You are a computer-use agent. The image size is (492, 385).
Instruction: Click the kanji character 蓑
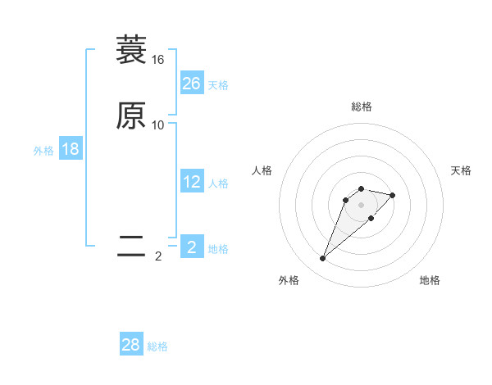click(131, 50)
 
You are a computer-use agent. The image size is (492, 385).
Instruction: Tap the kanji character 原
click(131, 115)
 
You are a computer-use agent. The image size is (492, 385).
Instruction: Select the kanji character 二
click(131, 247)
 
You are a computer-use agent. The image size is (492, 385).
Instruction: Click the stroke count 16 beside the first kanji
click(157, 60)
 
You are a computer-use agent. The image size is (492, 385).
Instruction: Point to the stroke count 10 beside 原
click(157, 125)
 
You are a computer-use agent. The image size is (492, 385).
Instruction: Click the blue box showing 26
click(191, 84)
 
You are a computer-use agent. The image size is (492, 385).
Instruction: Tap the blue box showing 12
click(191, 182)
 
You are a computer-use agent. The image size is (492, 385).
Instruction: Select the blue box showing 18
click(70, 149)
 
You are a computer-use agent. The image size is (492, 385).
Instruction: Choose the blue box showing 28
click(131, 345)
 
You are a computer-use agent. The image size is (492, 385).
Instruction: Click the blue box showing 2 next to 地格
click(191, 247)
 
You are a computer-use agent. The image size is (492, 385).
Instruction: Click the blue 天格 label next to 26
click(218, 85)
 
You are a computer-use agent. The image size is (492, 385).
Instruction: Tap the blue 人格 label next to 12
click(218, 183)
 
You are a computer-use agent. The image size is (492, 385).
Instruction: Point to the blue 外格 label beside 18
click(43, 151)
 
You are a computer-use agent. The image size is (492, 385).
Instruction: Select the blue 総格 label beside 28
click(157, 346)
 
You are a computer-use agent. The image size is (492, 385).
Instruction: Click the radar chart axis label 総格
click(361, 106)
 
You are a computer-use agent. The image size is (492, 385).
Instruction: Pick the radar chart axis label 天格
click(461, 170)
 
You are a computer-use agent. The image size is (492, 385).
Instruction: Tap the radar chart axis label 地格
click(430, 280)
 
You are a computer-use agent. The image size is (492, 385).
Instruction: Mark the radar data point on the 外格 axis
click(322, 259)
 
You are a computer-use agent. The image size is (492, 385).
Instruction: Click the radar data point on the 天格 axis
click(393, 195)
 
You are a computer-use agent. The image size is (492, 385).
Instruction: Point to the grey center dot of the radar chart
click(361, 205)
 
